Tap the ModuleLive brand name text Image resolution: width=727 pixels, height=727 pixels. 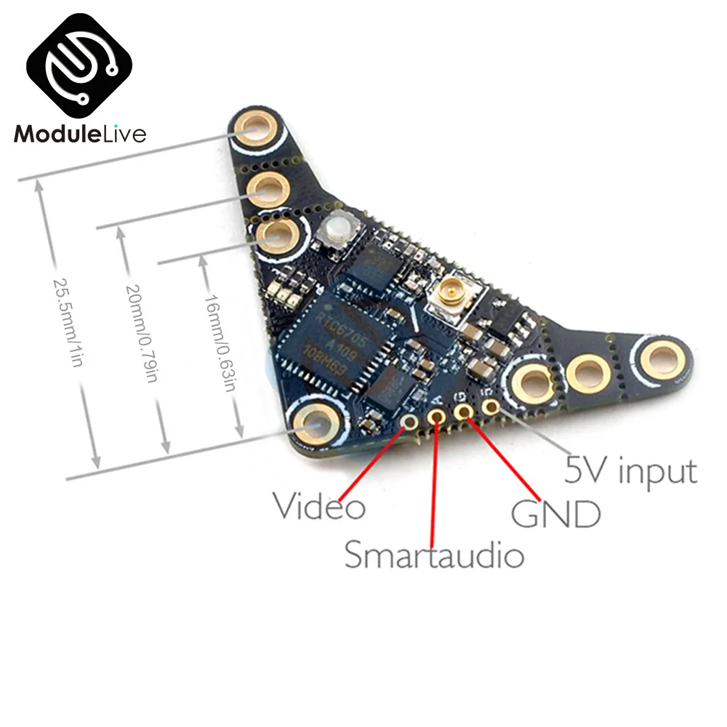tap(81, 134)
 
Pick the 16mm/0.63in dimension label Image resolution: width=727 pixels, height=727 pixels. tap(219, 342)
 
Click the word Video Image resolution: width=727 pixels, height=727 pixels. tap(318, 505)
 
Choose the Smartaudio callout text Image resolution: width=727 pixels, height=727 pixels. tap(434, 555)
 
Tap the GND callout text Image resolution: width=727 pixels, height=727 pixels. tap(556, 513)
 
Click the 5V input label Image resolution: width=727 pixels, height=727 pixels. tap(631, 470)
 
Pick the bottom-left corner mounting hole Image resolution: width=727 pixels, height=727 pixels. tap(316, 423)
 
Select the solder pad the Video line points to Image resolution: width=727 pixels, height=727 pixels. tap(411, 422)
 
